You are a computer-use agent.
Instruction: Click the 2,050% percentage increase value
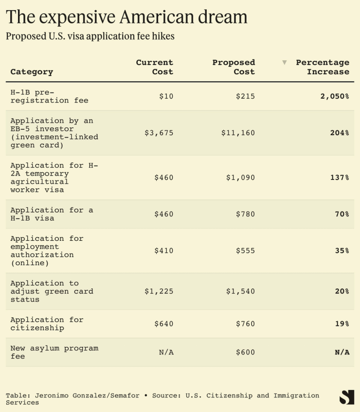click(x=334, y=96)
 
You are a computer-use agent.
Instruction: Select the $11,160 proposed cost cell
click(x=238, y=133)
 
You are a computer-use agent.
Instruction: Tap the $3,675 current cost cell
click(x=159, y=133)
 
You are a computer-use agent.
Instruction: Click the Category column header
click(x=32, y=72)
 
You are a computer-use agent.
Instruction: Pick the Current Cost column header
click(x=154, y=67)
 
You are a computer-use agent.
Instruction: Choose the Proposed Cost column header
click(x=234, y=67)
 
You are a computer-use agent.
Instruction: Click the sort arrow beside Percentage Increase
click(x=285, y=63)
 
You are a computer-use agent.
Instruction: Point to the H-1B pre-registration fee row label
click(x=49, y=96)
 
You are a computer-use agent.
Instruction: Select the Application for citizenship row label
click(x=47, y=324)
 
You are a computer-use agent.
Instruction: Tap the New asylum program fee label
click(x=54, y=352)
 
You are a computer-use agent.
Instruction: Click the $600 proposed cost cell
click(x=245, y=352)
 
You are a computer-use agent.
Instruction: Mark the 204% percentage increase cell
click(x=339, y=133)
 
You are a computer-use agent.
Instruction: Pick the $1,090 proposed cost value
click(x=240, y=178)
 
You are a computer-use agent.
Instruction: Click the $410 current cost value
click(x=163, y=251)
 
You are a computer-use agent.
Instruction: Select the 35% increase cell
click(x=342, y=251)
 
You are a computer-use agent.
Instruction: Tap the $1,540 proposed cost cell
click(x=240, y=291)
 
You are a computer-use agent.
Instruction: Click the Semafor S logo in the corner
click(x=347, y=397)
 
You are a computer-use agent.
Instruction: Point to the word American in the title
click(x=166, y=17)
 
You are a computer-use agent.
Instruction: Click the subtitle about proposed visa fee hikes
click(x=90, y=36)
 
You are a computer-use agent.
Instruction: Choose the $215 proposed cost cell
click(x=245, y=96)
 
